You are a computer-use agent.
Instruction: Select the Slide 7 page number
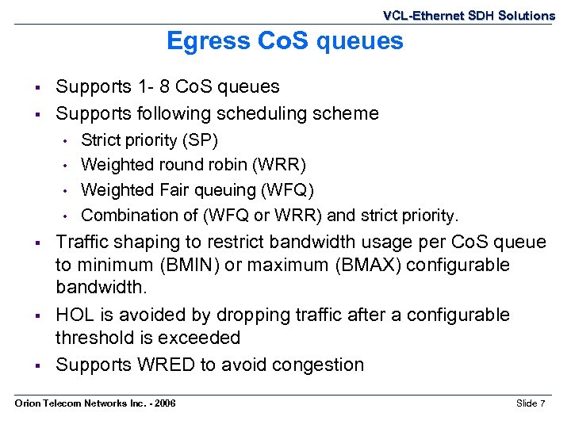click(x=531, y=404)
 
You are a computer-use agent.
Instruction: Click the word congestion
click(x=317, y=365)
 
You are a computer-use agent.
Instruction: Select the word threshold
click(x=95, y=338)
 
